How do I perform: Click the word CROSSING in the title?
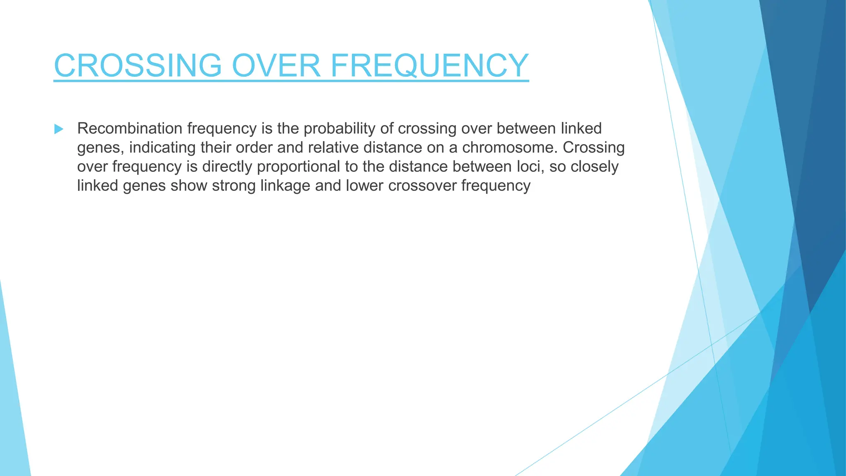[138, 65]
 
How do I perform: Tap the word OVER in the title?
[276, 65]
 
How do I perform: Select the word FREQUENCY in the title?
[429, 65]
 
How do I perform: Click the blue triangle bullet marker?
[59, 129]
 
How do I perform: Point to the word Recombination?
[130, 129]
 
